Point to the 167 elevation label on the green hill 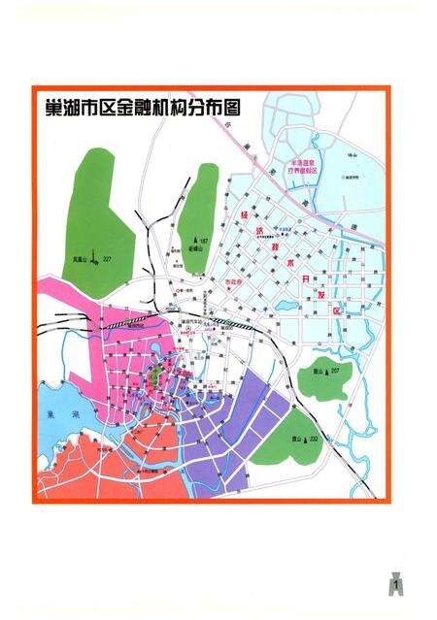205,240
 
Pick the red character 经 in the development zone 244,214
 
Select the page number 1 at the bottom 396,587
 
